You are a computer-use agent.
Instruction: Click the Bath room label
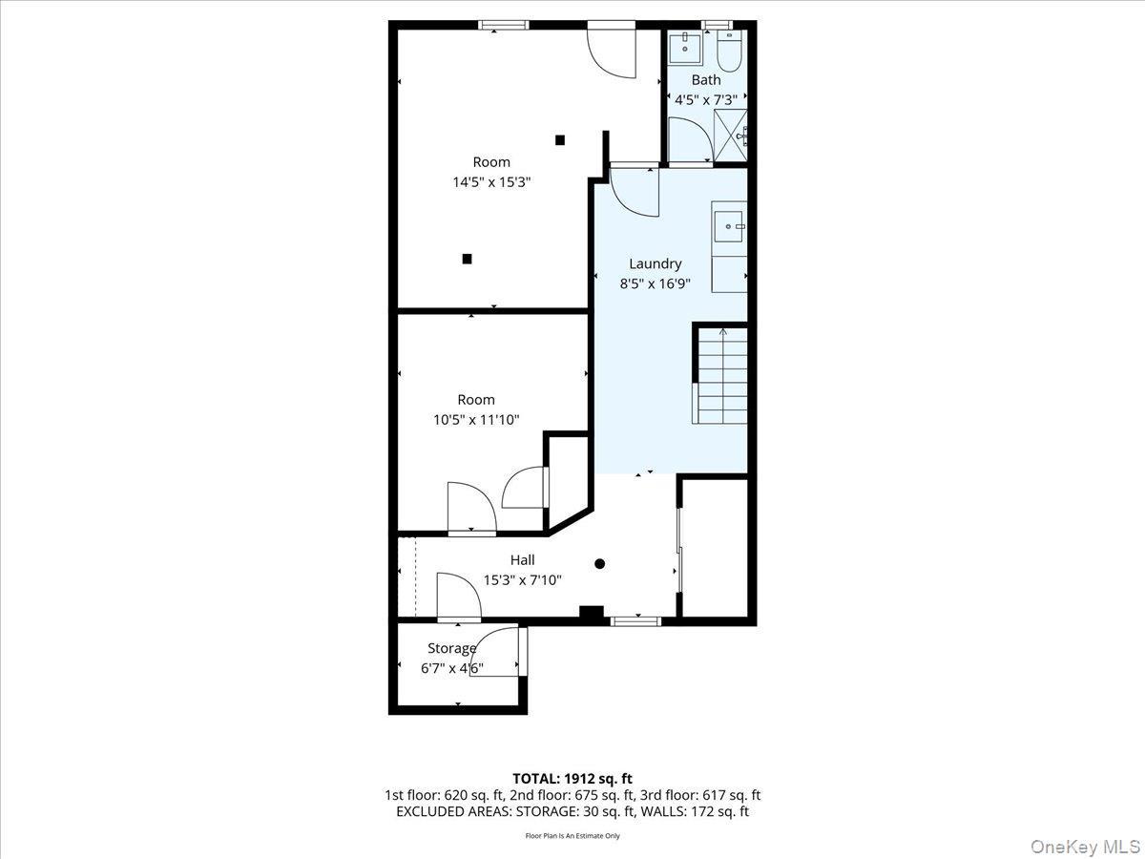(706, 80)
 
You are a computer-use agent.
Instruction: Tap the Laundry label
(655, 263)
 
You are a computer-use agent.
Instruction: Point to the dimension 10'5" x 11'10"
(475, 418)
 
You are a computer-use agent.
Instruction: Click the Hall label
(522, 560)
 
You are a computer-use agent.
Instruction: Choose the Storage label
(451, 649)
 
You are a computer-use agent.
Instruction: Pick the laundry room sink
(730, 227)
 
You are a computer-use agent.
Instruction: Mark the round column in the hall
(600, 564)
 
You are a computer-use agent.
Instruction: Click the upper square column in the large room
(560, 140)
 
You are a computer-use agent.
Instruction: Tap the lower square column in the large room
(467, 258)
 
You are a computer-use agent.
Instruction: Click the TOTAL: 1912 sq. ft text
(572, 779)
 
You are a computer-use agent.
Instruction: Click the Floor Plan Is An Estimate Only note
(572, 836)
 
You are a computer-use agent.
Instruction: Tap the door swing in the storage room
(496, 653)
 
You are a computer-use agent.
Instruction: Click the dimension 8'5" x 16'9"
(655, 283)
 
